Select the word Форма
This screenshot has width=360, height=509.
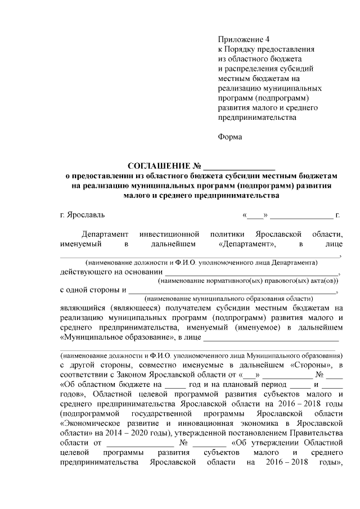[229, 137]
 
